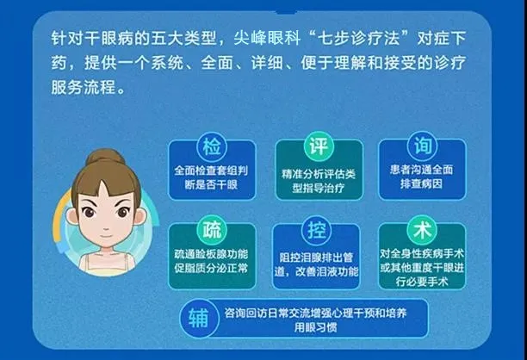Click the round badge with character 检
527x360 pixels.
click(212, 147)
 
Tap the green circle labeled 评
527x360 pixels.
click(319, 146)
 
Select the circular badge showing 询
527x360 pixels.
click(422, 146)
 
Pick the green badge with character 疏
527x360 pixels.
click(212, 231)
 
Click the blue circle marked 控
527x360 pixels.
click(317, 231)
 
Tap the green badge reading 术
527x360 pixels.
click(422, 230)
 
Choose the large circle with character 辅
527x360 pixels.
click(199, 318)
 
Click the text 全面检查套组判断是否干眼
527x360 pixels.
click(211, 177)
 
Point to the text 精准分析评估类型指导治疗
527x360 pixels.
click(319, 181)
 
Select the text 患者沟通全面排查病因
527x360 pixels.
click(421, 177)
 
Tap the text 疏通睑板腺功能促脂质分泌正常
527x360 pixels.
click(211, 261)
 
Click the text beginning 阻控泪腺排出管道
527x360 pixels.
click(316, 264)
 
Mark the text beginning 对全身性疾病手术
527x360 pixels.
click(422, 268)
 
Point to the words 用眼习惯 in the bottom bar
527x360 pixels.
click(315, 327)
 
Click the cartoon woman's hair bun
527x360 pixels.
click(105, 158)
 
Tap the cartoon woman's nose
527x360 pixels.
click(106, 227)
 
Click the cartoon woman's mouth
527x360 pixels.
click(106, 236)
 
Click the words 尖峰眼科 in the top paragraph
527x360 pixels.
click(267, 38)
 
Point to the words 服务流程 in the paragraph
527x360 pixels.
click(84, 87)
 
